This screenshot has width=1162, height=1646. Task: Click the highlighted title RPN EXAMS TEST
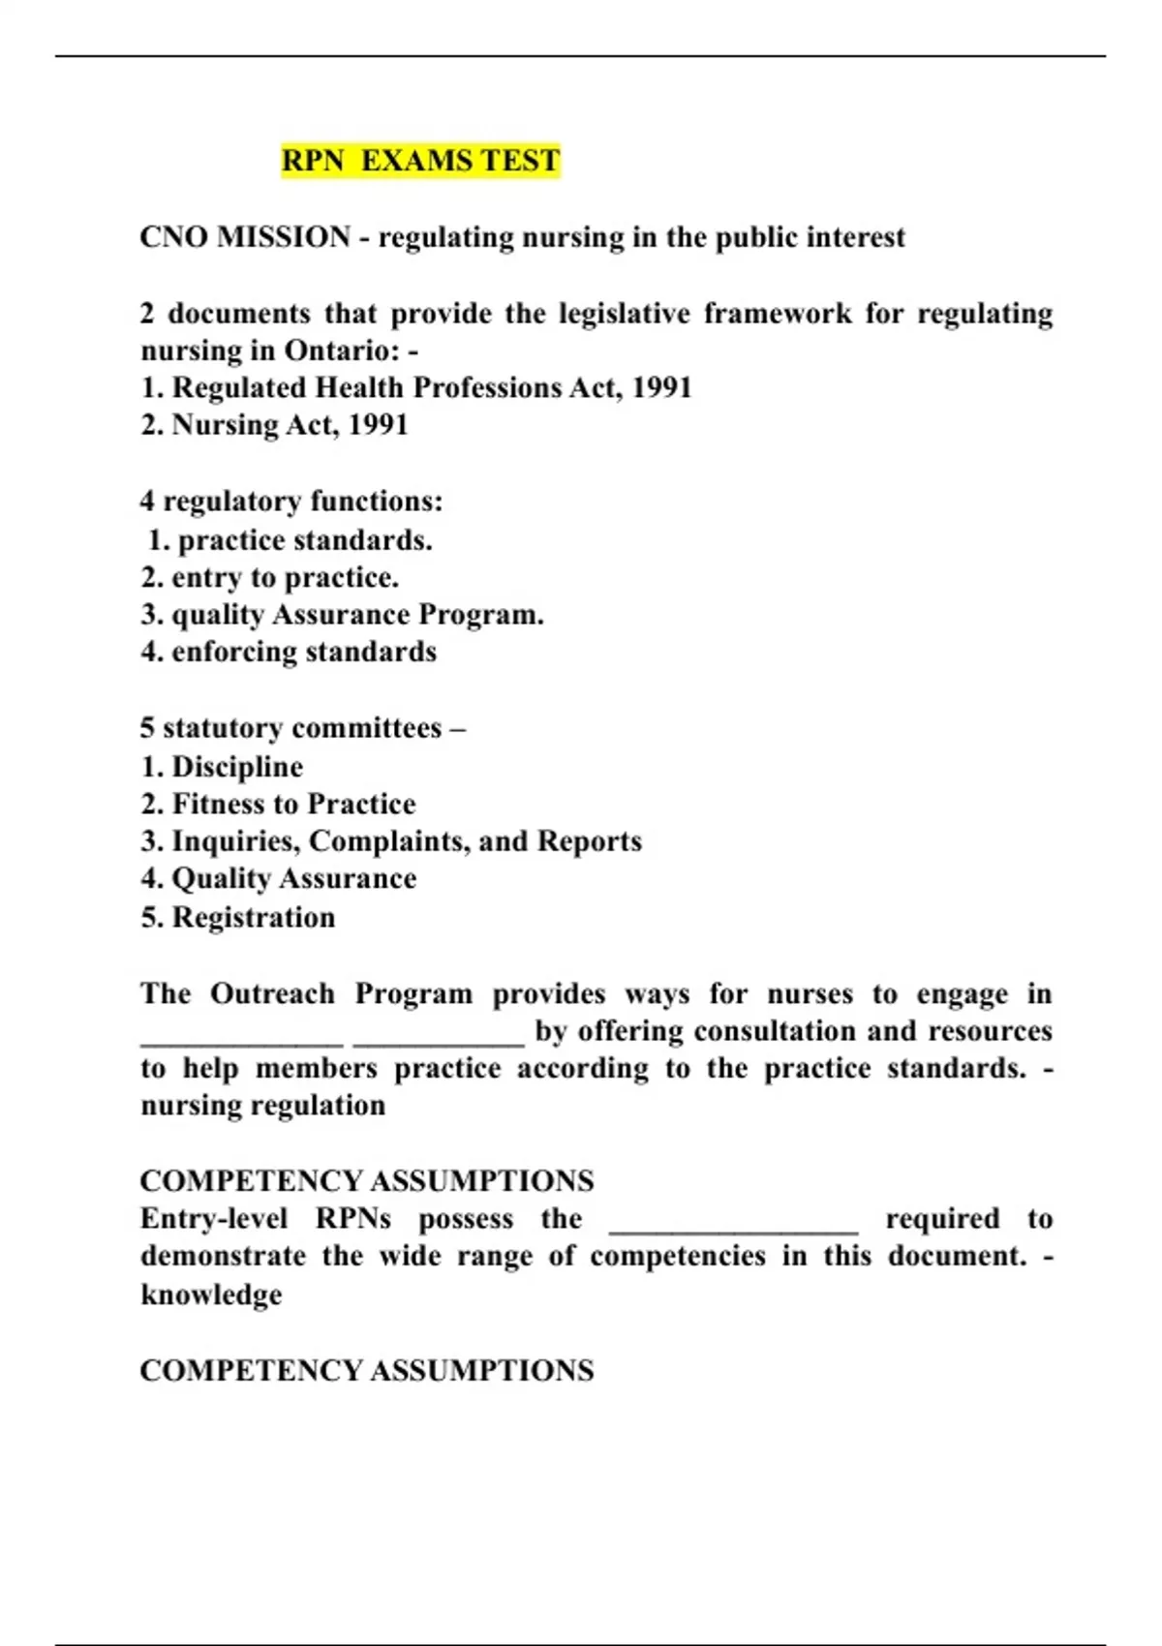click(x=420, y=160)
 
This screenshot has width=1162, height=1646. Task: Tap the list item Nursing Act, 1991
click(x=275, y=425)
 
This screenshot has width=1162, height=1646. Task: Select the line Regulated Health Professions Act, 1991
click(x=416, y=387)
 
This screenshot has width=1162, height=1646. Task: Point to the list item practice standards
click(x=290, y=540)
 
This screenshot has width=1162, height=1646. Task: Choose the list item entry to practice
click(x=270, y=577)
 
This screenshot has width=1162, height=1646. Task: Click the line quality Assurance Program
click(x=343, y=615)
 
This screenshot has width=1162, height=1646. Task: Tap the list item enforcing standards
click(x=290, y=652)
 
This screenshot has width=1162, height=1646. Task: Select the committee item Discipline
click(x=222, y=767)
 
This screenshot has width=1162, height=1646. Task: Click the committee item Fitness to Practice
click(x=279, y=804)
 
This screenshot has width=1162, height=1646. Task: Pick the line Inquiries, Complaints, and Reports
click(x=391, y=841)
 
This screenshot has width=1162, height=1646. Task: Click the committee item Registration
click(x=238, y=917)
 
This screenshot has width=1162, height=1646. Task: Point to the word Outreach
click(x=272, y=994)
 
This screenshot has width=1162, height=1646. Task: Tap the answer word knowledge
click(x=211, y=1295)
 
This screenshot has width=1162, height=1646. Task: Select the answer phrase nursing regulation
click(x=263, y=1106)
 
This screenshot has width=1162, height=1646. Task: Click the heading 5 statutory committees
click(x=302, y=728)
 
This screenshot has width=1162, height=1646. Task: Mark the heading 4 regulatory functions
click(x=291, y=502)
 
